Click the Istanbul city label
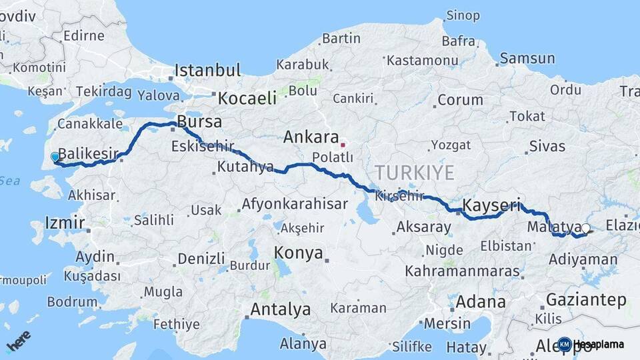[x=207, y=71]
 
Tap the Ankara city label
[x=311, y=137]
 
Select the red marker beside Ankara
[x=343, y=144]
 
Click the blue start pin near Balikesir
[x=55, y=157]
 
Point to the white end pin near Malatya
[x=585, y=229]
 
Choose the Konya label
[x=299, y=253]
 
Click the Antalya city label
[x=280, y=310]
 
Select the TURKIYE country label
[x=414, y=173]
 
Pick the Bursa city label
[x=199, y=123]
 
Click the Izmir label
[x=65, y=222]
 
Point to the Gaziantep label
[x=586, y=299]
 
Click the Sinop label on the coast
[x=463, y=15]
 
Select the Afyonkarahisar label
[x=295, y=205]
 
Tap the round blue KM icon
[x=565, y=344]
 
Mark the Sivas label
[x=547, y=146]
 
